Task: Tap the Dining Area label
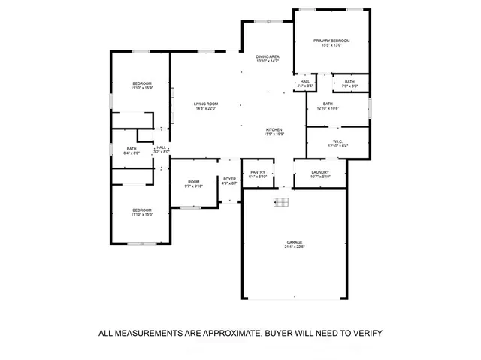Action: pos(267,59)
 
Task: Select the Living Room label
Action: pos(205,107)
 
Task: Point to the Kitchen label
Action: pos(274,132)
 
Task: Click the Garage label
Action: pos(294,244)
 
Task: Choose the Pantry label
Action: pos(258,174)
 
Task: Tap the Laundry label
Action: pos(320,174)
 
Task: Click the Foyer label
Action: pos(230,180)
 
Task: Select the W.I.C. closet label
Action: pos(337,142)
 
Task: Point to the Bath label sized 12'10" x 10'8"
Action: pos(328,106)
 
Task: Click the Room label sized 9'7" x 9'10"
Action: pos(194,183)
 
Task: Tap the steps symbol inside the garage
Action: pos(280,201)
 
